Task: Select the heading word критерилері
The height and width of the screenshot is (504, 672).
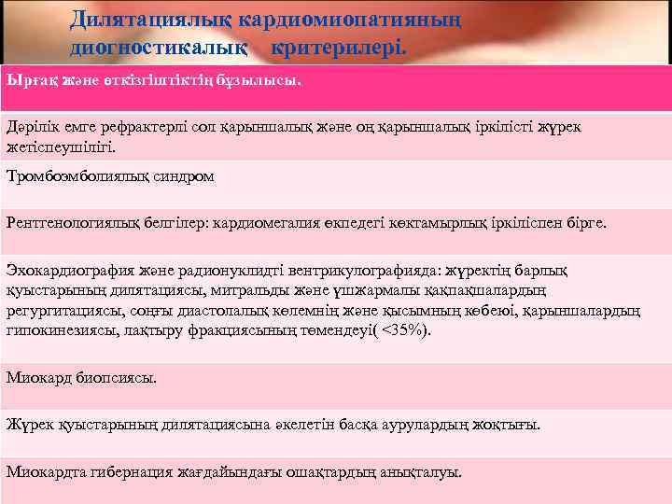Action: pos(340,45)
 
